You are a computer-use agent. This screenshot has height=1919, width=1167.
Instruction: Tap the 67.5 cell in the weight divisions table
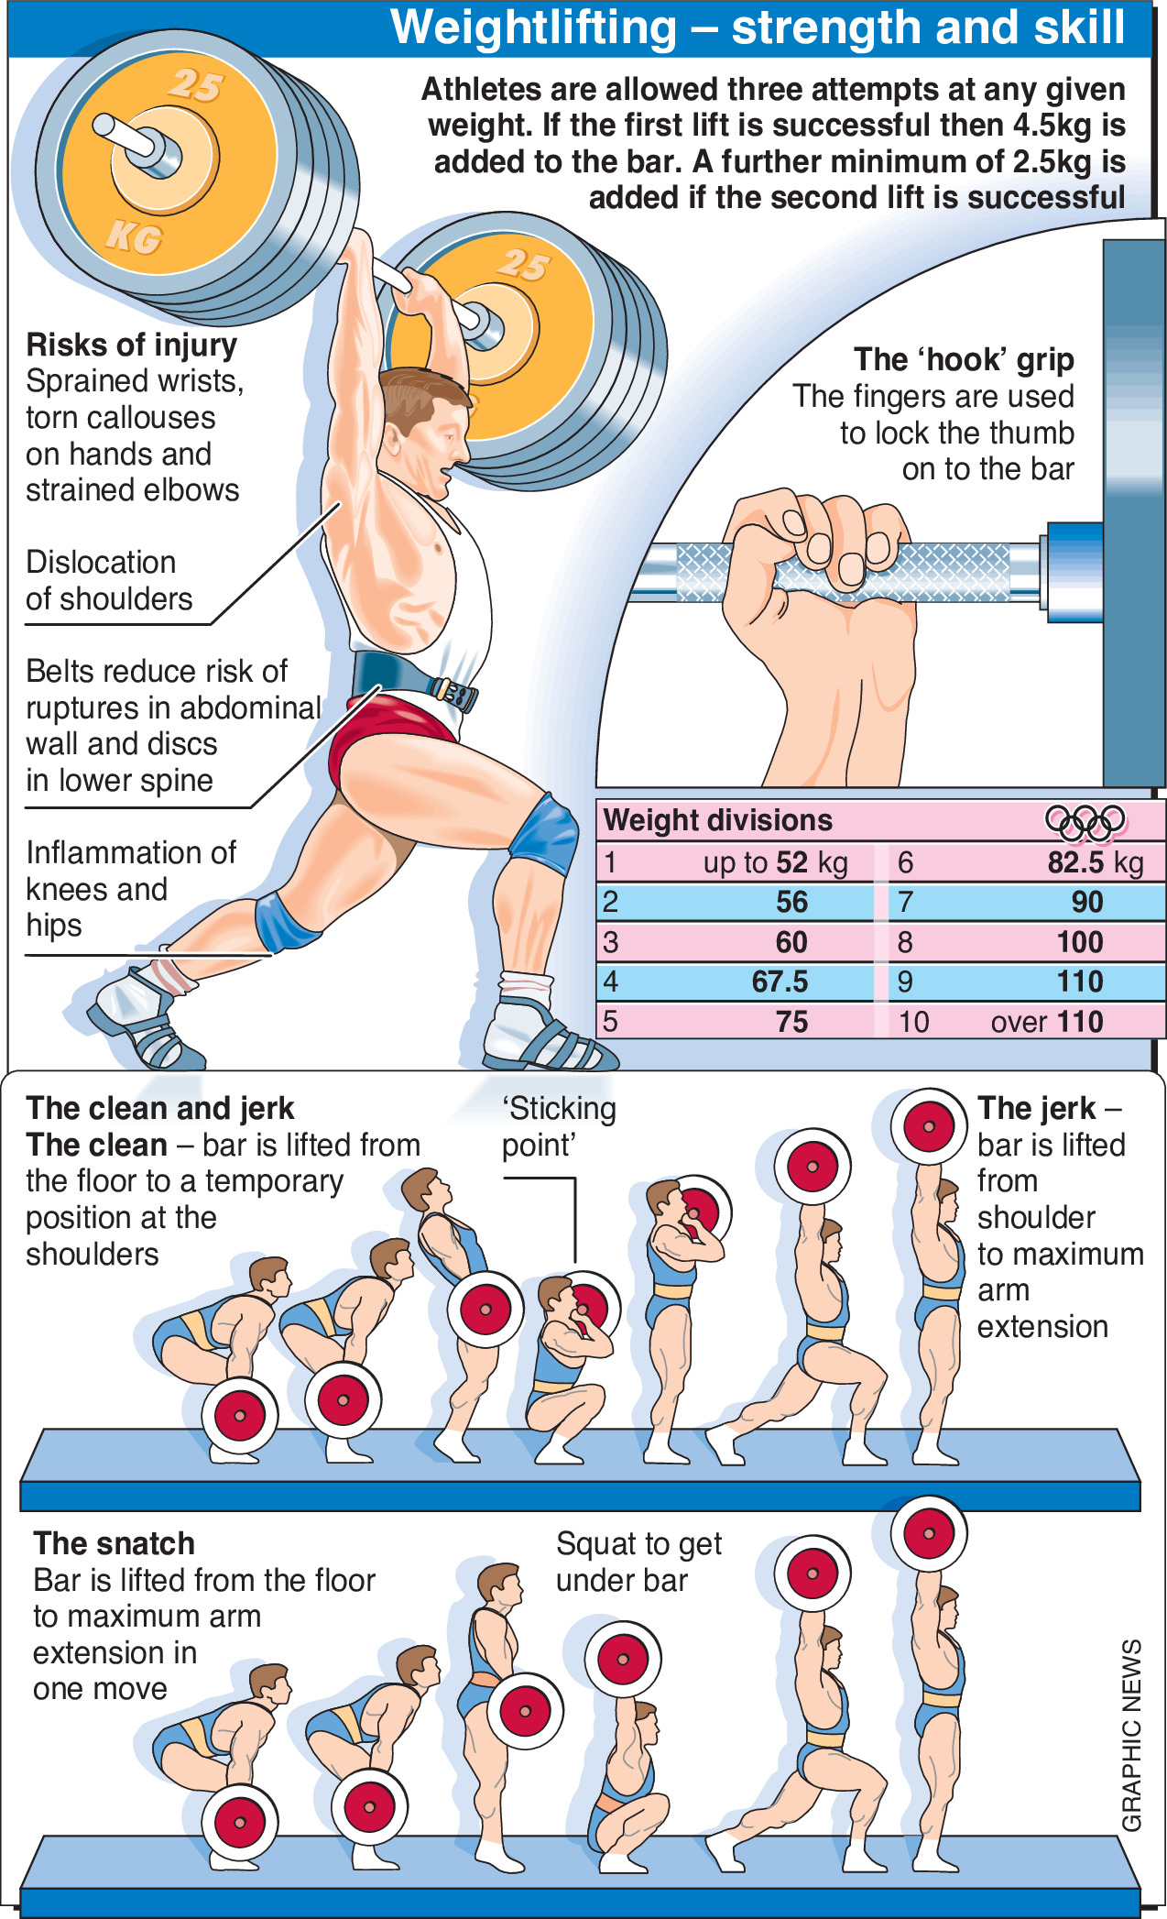780,981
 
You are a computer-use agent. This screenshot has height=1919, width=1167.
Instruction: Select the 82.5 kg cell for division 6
1095,862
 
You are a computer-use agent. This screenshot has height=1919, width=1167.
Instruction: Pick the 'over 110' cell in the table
1046,1021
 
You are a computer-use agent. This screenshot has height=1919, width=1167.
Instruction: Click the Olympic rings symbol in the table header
1085,821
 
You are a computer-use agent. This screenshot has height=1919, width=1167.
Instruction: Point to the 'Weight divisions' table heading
718,820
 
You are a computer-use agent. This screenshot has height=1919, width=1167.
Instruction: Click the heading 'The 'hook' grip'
963,360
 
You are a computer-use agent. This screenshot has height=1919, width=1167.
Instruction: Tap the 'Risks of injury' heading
132,345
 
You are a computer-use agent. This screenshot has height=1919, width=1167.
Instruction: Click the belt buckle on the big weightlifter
453,693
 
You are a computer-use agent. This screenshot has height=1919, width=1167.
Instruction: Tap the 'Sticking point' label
558,1126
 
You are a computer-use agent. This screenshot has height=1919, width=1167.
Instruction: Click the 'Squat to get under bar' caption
638,1562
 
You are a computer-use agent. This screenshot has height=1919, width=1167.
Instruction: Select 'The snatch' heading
114,1543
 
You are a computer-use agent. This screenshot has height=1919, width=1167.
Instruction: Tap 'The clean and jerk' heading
159,1109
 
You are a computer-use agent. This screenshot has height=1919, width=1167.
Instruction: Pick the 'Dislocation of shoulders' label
109,580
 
